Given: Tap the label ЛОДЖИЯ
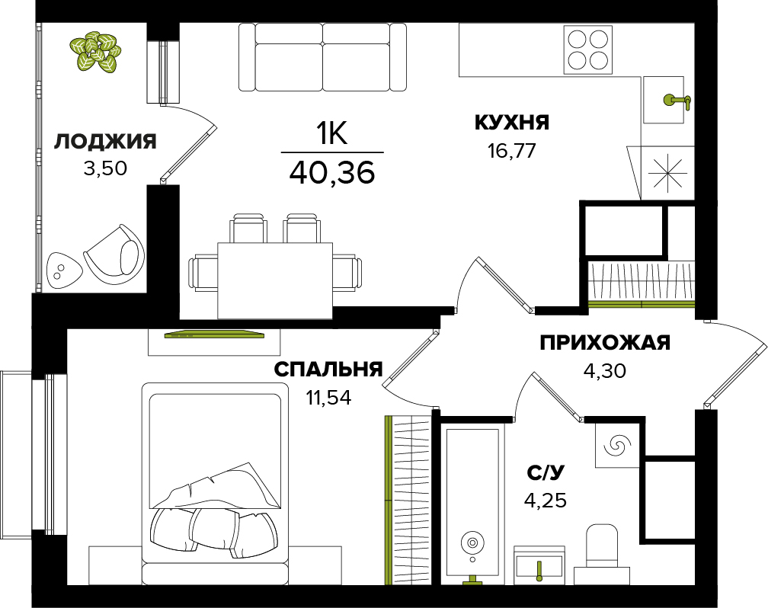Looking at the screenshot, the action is pyautogui.click(x=105, y=142).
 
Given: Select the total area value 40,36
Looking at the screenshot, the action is pyautogui.click(x=332, y=172).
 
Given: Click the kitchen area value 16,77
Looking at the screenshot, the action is pyautogui.click(x=512, y=151).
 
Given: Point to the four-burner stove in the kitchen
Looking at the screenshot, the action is pyautogui.click(x=587, y=50).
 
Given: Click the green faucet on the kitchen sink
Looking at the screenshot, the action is pyautogui.click(x=677, y=101).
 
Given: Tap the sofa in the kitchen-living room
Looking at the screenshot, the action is pyautogui.click(x=323, y=57).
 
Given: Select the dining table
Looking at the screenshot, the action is pyautogui.click(x=275, y=280).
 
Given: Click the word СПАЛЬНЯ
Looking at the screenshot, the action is pyautogui.click(x=328, y=370).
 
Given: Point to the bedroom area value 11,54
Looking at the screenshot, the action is pyautogui.click(x=328, y=398).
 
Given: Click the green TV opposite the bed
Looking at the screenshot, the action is pyautogui.click(x=214, y=334).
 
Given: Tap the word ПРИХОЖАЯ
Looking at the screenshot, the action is pyautogui.click(x=605, y=343).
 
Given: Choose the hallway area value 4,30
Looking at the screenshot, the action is pyautogui.click(x=605, y=371).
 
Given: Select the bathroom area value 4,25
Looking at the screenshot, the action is pyautogui.click(x=546, y=501).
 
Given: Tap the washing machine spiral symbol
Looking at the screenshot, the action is pyautogui.click(x=616, y=446).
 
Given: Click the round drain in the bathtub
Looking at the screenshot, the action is pyautogui.click(x=472, y=542).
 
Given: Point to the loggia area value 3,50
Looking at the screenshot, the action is pyautogui.click(x=105, y=168).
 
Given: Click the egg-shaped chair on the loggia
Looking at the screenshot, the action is pyautogui.click(x=114, y=257).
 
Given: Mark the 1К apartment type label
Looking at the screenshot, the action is pyautogui.click(x=332, y=133).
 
